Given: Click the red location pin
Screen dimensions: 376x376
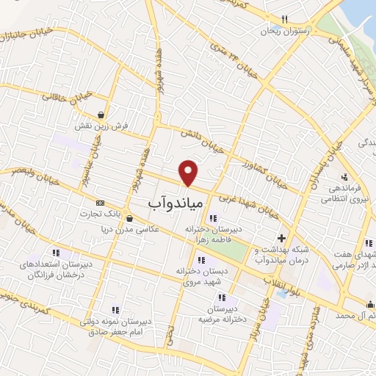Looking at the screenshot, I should [x=189, y=172].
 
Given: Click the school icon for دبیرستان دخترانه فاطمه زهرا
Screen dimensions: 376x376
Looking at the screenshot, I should [x=213, y=218].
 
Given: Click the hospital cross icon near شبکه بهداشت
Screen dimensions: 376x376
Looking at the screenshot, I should [x=281, y=237].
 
